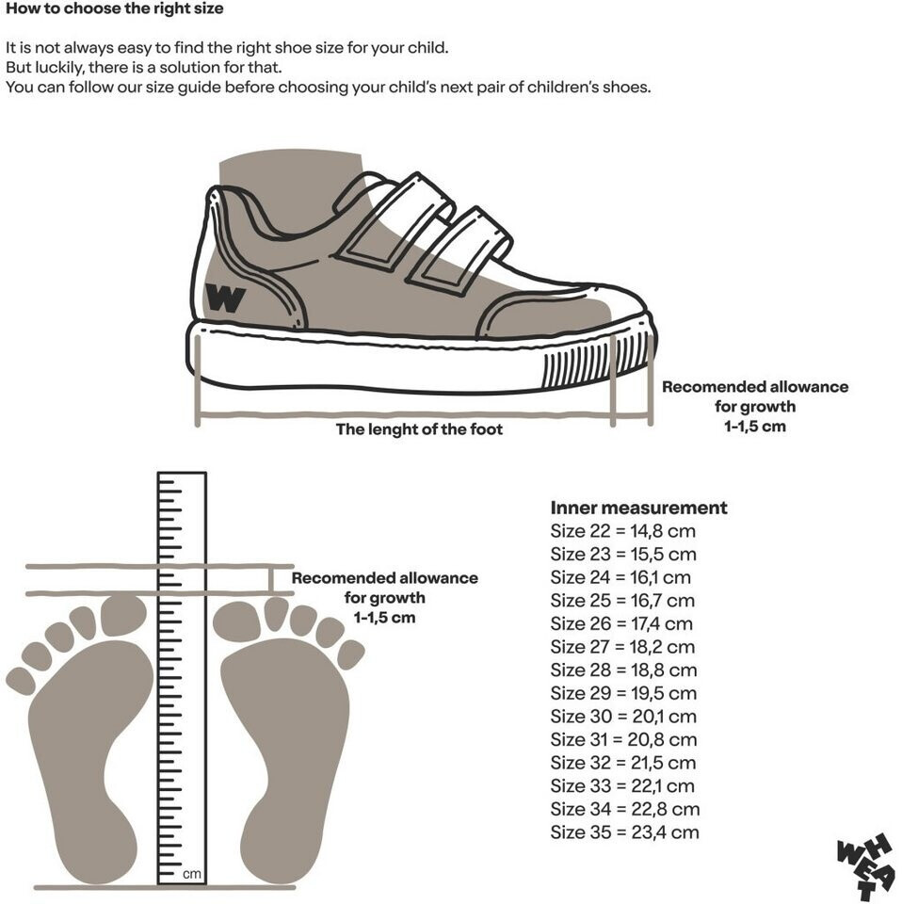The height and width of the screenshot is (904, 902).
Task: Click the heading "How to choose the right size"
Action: [x=114, y=9]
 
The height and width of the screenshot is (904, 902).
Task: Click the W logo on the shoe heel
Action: [x=225, y=299]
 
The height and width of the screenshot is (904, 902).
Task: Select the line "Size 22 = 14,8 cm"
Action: [x=622, y=531]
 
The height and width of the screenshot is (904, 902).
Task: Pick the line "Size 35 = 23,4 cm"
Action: [x=624, y=831]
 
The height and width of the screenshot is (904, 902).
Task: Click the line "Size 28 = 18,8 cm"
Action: [x=623, y=670]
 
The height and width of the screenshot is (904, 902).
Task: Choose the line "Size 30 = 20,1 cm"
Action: [x=623, y=716]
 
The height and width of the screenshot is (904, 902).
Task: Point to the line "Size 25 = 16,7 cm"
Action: [x=622, y=600]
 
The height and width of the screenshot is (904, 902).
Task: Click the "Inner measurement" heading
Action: [x=638, y=508]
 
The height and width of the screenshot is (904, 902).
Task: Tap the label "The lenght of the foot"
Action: [x=419, y=429]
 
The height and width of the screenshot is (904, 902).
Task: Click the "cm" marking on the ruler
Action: [x=191, y=874]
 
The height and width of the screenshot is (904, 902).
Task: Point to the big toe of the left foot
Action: [x=123, y=615]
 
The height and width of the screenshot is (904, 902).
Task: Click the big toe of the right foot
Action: [x=236, y=619]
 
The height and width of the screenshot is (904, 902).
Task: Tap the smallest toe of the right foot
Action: [x=351, y=654]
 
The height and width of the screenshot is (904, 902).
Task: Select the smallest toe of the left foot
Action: [x=19, y=680]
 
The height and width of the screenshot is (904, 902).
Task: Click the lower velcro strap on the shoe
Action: [x=458, y=249]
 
